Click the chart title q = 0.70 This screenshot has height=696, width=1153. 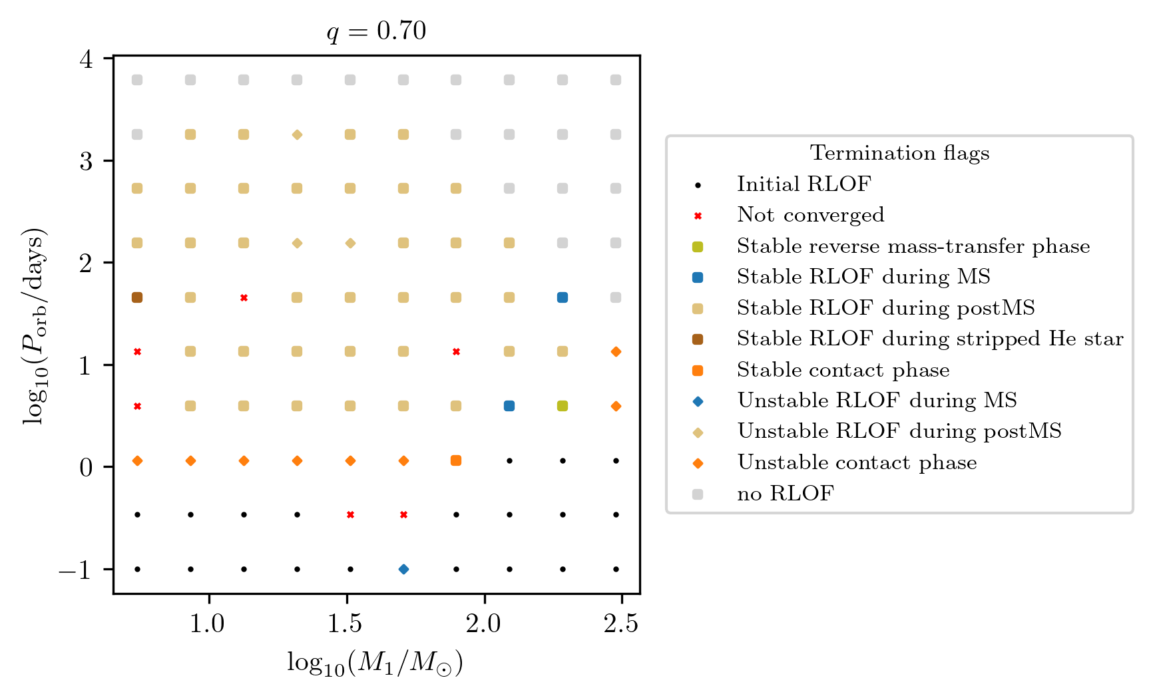pos(376,31)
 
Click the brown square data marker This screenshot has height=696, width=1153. pos(137,297)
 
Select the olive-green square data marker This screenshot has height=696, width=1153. pos(563,406)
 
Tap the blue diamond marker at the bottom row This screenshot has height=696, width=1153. pos(403,569)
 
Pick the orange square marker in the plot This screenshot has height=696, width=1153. pos(456,460)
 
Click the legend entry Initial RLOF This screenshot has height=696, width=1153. pos(804,184)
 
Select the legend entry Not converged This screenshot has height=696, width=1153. pos(810,215)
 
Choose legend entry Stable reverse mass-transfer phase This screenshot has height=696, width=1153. pos(913,246)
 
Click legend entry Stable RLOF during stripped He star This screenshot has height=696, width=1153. pos(930,339)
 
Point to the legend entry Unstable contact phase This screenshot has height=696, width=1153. pos(857,462)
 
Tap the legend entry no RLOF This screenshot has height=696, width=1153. pos(785,494)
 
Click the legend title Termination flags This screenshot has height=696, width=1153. pos(899,153)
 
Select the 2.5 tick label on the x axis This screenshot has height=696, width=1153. pos(621,624)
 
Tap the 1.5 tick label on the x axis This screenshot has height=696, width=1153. pos(346,624)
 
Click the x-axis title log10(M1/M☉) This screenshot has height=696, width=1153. pos(375,663)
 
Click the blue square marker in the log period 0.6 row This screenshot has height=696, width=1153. pos(509,406)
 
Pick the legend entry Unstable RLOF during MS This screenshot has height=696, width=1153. pos(877,401)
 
